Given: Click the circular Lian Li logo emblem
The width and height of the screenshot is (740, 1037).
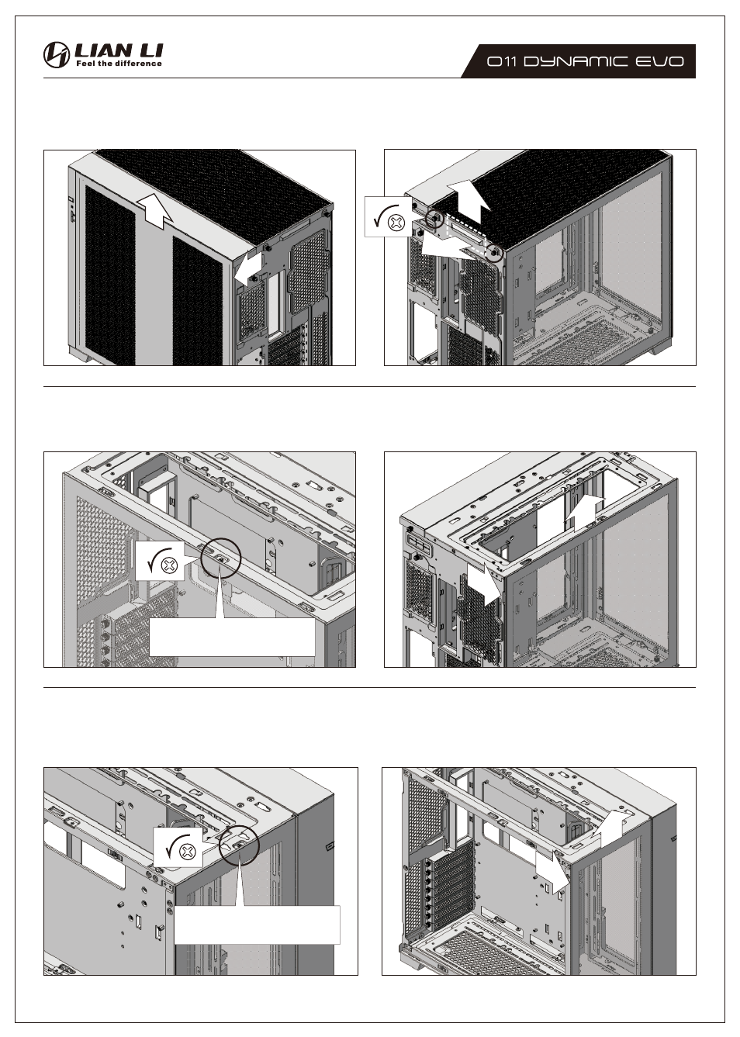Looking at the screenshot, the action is (57, 54).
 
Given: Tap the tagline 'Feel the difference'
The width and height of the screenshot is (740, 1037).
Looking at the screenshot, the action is (119, 64).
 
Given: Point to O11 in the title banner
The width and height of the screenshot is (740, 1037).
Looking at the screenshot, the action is (502, 61).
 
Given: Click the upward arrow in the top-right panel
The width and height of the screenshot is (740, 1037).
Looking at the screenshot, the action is (469, 202).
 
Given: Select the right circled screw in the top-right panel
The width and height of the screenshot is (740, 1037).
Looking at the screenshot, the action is (495, 253).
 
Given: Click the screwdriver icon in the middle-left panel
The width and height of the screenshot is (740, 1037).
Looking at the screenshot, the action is (160, 561).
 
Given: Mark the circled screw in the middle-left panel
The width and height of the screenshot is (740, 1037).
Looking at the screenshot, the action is (221, 558).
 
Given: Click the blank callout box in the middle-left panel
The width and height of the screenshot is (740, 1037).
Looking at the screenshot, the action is (232, 637).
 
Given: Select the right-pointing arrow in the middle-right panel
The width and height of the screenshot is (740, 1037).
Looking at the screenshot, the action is (484, 585).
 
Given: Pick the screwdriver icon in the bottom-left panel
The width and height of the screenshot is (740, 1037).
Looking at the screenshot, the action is (178, 848).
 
